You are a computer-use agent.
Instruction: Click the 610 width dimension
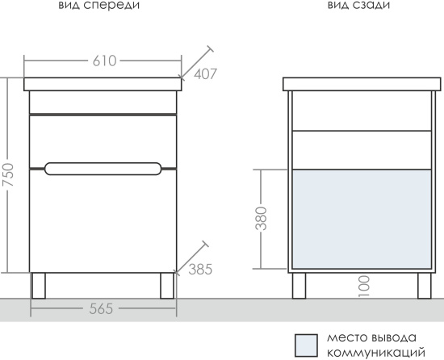point(104,61)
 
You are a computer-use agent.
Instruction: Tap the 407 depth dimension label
point(205,74)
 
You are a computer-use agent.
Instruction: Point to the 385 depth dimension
point(200,270)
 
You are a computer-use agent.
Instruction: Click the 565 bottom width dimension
point(101,309)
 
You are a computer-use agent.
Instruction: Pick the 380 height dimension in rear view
point(261,219)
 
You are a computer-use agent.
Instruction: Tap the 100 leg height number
point(364,287)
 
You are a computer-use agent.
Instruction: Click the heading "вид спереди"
point(98,6)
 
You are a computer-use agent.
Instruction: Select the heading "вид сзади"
point(358,6)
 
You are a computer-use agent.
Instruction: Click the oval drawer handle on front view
point(103,169)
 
